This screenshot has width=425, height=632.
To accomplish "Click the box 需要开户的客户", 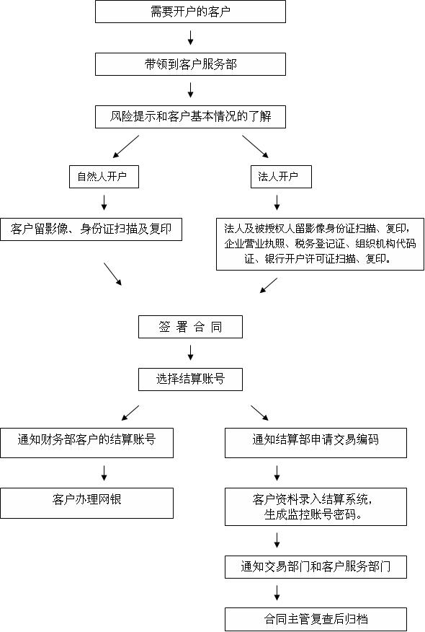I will click(x=190, y=12).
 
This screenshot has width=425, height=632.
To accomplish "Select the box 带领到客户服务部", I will click(x=190, y=63).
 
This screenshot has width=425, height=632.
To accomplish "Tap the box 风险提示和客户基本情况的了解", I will click(x=190, y=116).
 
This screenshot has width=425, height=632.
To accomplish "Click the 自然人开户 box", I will click(x=104, y=176).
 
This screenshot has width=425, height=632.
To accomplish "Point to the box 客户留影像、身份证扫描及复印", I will click(x=90, y=229).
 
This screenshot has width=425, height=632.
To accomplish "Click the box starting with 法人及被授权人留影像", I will click(x=320, y=244).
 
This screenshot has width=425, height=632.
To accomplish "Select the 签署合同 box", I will click(x=190, y=327).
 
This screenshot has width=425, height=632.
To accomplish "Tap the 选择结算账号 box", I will click(x=190, y=379).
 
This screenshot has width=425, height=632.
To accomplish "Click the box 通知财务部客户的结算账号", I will click(x=86, y=442).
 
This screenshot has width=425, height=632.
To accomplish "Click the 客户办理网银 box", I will click(x=86, y=502).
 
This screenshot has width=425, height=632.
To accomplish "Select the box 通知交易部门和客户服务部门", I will click(x=316, y=566).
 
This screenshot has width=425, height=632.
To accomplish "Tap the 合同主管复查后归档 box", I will click(x=316, y=618).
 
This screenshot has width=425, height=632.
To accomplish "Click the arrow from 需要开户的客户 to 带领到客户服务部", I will click(x=191, y=38).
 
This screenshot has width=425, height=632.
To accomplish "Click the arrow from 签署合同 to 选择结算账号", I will click(x=191, y=353).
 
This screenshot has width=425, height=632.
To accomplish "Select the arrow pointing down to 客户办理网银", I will click(x=104, y=473).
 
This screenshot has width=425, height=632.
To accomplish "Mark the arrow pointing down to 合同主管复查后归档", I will click(x=277, y=592).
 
